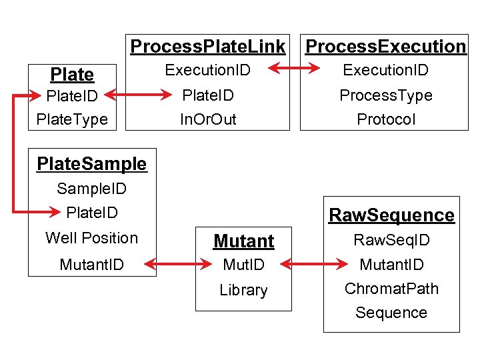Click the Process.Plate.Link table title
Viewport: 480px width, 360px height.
point(208,47)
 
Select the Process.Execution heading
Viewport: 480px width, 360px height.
point(385,47)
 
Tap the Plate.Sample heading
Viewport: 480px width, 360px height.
point(91,163)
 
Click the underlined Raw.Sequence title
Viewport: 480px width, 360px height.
point(391,215)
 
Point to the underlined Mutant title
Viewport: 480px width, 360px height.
point(243,241)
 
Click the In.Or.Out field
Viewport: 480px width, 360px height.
point(208,119)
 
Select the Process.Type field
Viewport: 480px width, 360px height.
point(385,95)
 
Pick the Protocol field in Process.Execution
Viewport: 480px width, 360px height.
point(385,119)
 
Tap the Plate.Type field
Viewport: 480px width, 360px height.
point(71,119)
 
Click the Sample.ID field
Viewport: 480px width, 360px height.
point(91,189)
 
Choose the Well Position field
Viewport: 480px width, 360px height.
point(91,238)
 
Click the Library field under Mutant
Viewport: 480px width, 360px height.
point(243,290)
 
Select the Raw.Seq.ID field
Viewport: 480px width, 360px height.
point(391,240)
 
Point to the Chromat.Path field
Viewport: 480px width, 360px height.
point(391,289)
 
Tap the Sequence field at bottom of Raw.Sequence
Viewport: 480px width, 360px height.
point(391,313)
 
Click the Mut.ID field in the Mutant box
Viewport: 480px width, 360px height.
point(243,265)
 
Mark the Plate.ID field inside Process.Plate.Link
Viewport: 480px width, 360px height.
point(208,95)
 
